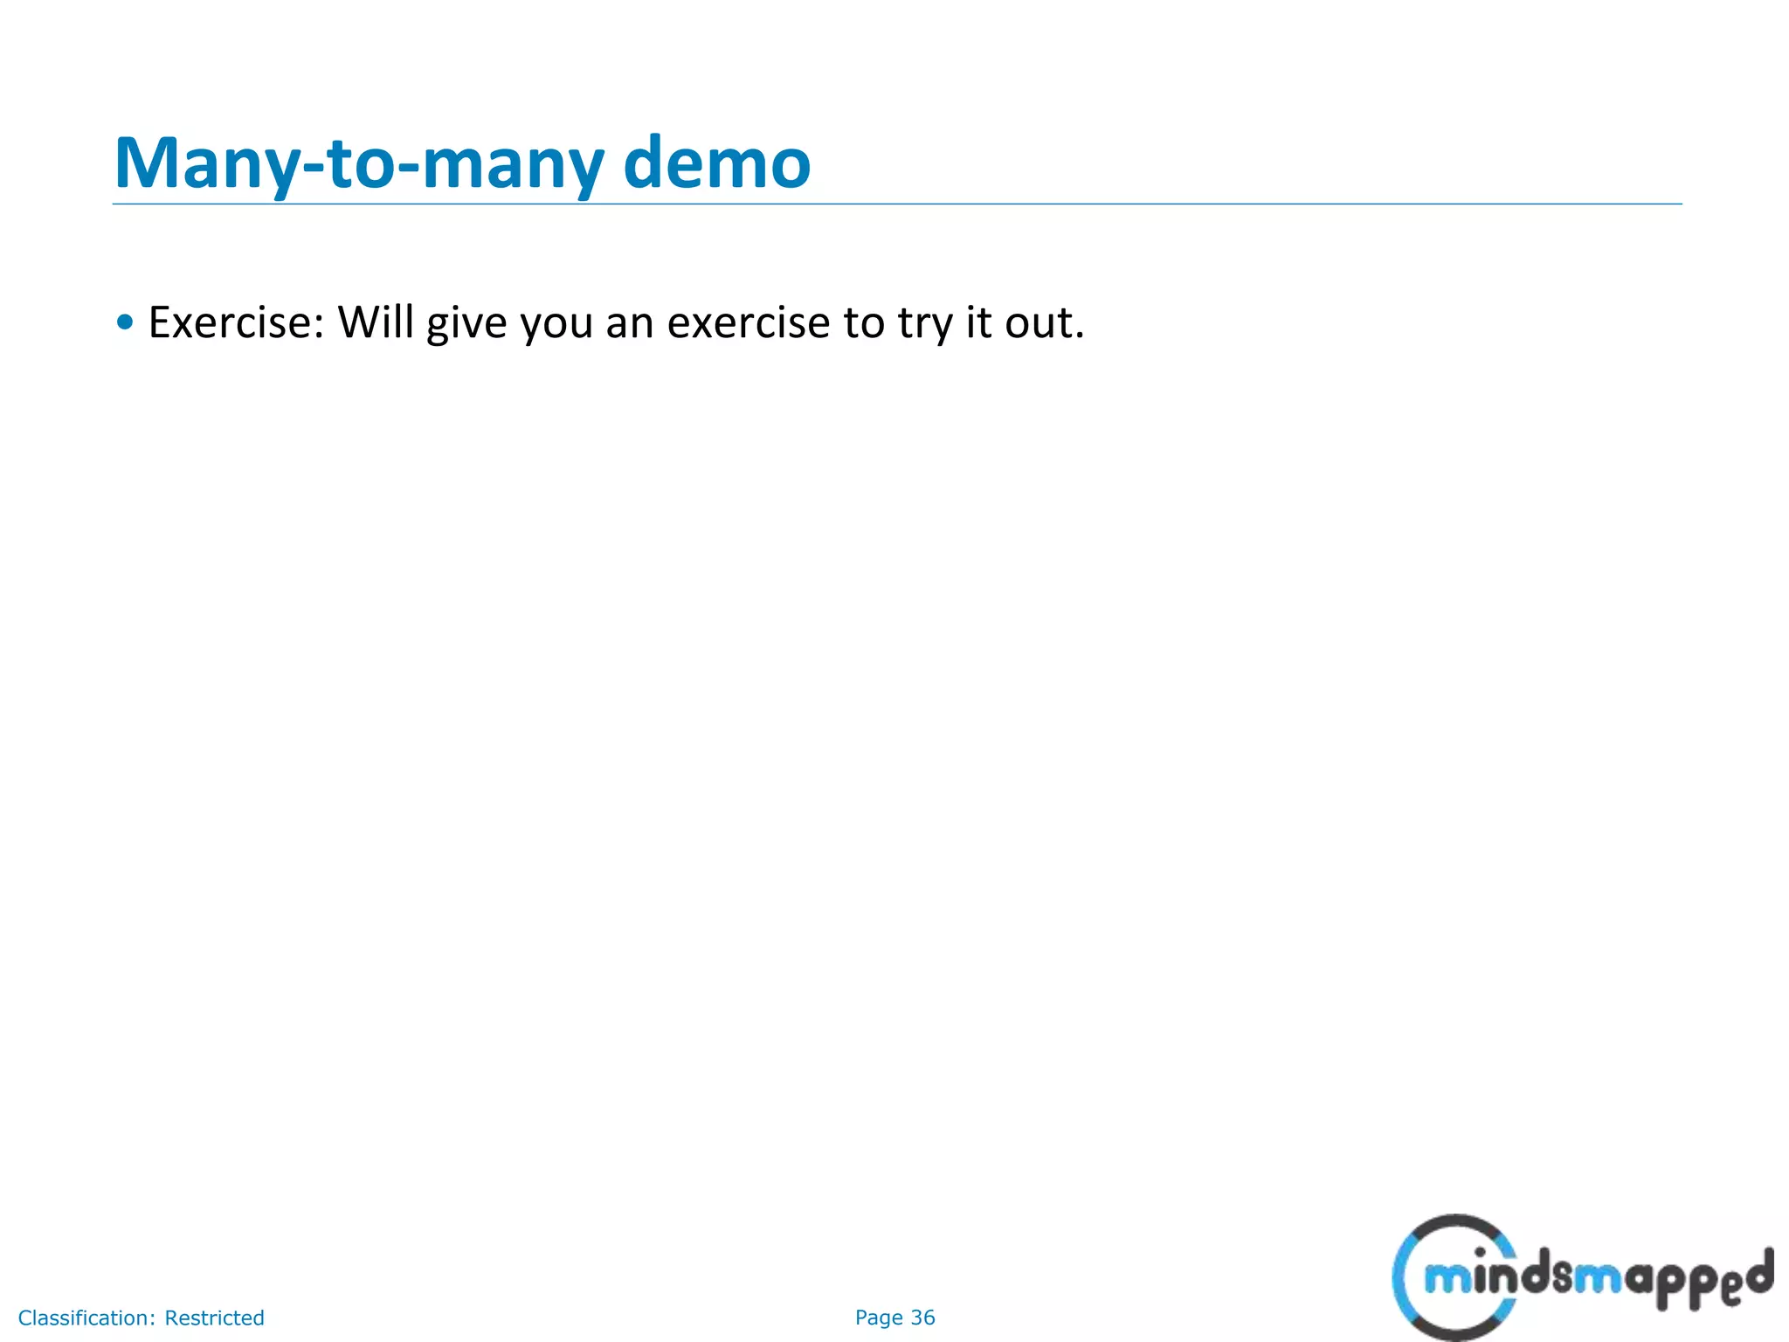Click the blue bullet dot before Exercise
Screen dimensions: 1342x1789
pos(126,322)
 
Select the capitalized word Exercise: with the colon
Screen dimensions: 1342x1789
pos(236,322)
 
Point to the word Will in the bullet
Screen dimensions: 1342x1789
pos(376,322)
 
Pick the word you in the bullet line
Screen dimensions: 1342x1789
pos(556,325)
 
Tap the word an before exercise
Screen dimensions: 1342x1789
pos(630,322)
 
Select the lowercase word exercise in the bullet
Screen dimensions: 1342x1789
pos(749,322)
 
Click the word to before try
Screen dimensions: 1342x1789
pos(864,322)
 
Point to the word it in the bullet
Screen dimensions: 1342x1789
pos(978,322)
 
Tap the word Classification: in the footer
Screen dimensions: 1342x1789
pos(86,1318)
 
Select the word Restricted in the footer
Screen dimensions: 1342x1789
pos(214,1318)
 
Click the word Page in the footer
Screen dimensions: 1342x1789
pos(879,1318)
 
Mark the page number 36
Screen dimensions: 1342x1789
pos(922,1318)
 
